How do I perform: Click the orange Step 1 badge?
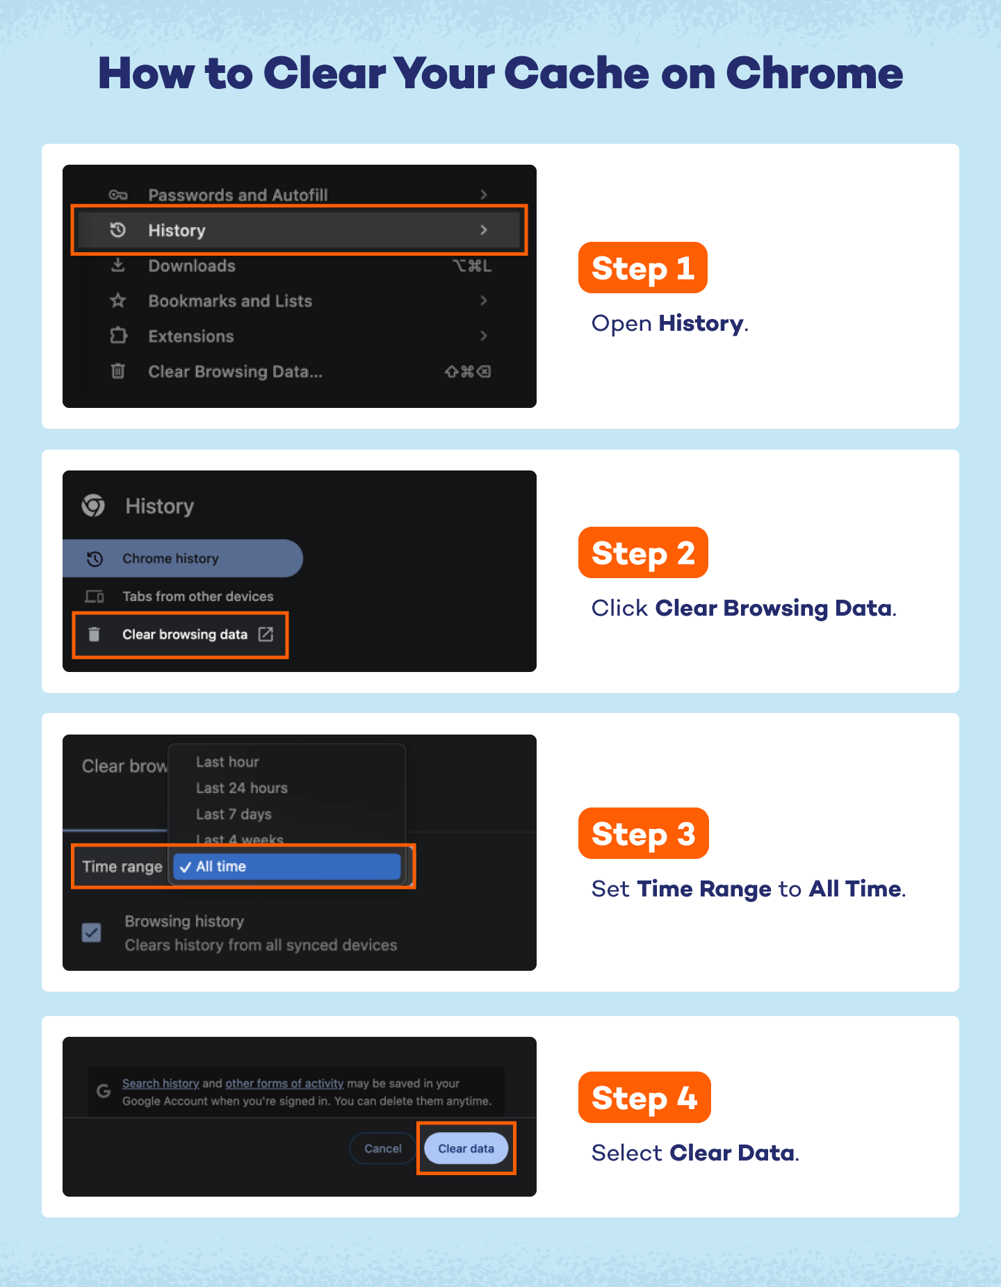click(642, 268)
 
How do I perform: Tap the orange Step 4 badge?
click(644, 1098)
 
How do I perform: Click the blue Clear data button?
click(466, 1149)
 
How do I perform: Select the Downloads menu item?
click(192, 266)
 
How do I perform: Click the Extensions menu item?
click(191, 336)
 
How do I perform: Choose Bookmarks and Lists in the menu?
click(230, 301)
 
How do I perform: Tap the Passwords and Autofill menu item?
click(238, 195)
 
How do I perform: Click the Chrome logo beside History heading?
click(93, 505)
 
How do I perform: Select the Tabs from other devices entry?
click(197, 596)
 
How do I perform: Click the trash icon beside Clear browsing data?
click(95, 634)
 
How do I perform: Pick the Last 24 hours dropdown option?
click(241, 788)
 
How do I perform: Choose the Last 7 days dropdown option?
click(234, 814)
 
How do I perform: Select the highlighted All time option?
click(286, 867)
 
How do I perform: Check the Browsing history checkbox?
click(92, 933)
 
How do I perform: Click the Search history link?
click(161, 1083)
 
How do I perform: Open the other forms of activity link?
click(284, 1083)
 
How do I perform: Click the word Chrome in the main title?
click(814, 74)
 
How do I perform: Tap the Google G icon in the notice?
click(104, 1091)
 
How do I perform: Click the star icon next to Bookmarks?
click(118, 301)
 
